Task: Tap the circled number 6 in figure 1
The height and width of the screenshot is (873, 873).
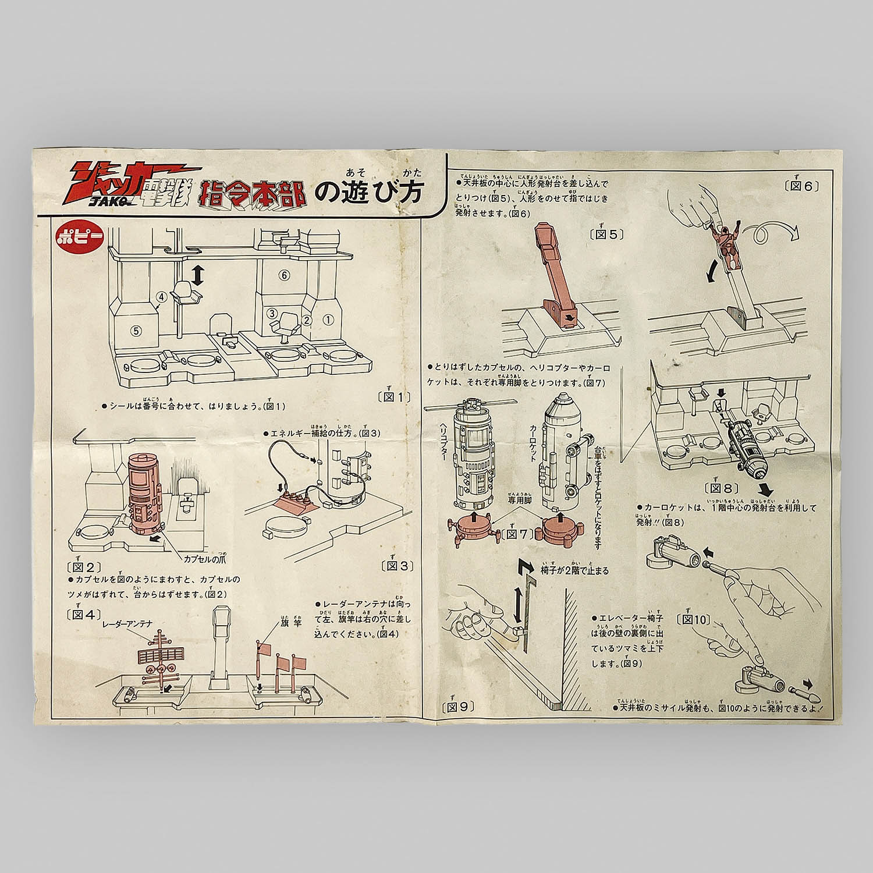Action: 283,276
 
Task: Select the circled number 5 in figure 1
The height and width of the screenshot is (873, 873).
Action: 136,329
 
